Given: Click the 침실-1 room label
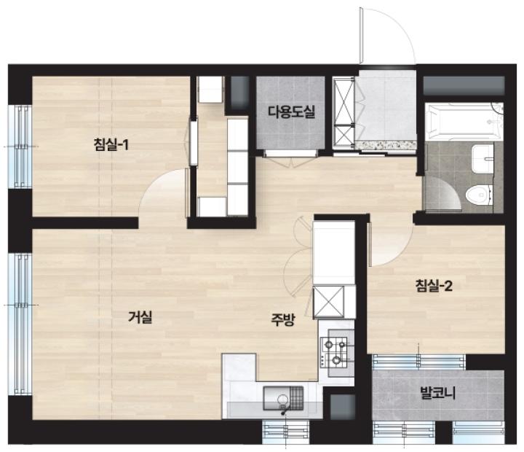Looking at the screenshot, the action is [111, 145].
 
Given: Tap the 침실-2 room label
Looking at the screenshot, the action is [434, 286].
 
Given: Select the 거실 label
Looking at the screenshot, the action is [140, 316].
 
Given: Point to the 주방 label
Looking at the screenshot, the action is [282, 320].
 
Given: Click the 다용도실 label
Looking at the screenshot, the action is [291, 112].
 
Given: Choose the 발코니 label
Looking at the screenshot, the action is [438, 392].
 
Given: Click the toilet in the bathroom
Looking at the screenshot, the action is [479, 195].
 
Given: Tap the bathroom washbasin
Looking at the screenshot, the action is [483, 159].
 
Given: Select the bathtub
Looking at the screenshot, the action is [463, 122].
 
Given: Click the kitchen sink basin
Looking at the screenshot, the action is [283, 398].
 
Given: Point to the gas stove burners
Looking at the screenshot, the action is [334, 352].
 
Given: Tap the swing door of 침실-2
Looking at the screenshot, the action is [390, 244].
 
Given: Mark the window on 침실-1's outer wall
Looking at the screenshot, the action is [20, 147].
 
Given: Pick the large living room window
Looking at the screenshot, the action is [20, 324].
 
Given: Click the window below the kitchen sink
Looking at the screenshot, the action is [286, 432].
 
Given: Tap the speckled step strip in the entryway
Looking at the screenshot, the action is [385, 145].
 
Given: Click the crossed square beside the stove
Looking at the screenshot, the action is [328, 302].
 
